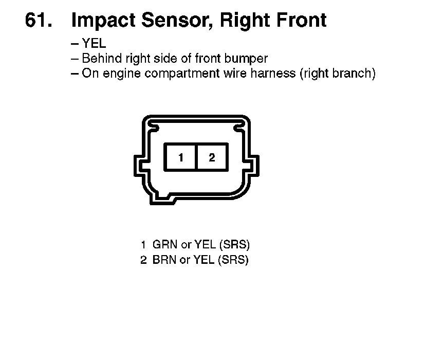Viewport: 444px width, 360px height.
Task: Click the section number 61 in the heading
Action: pyautogui.click(x=39, y=20)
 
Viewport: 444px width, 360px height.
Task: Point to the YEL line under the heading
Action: pyautogui.click(x=88, y=44)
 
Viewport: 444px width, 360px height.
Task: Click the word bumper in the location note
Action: pyautogui.click(x=246, y=59)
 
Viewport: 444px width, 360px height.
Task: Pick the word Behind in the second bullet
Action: pyautogui.click(x=102, y=59)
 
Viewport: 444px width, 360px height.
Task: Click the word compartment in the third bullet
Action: pyautogui.click(x=182, y=74)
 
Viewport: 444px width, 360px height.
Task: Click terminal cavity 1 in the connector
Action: pyautogui.click(x=180, y=157)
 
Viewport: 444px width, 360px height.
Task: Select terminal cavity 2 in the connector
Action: pyautogui.click(x=212, y=157)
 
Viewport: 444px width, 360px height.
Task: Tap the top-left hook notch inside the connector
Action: pyautogui.click(x=154, y=127)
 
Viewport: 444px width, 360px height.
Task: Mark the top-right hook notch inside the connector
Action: pyautogui.click(x=239, y=127)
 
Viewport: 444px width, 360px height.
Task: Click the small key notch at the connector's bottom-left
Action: pyautogui.click(x=163, y=199)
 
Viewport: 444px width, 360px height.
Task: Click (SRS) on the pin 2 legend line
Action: pyautogui.click(x=233, y=260)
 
